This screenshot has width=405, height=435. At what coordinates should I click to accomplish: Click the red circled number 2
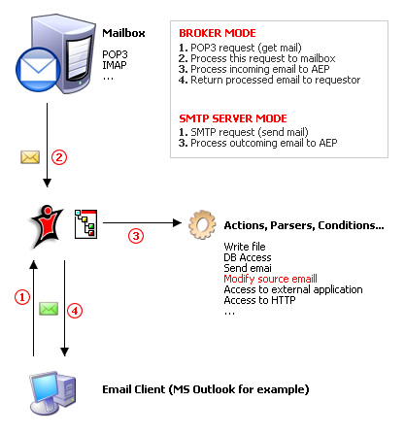[x=59, y=157]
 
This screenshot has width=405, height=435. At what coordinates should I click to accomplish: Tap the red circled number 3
[x=136, y=236]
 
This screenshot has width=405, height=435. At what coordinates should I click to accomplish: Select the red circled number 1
[x=22, y=297]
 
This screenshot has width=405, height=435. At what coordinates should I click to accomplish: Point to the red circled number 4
[x=75, y=311]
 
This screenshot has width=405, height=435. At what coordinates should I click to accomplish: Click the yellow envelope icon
[x=30, y=157]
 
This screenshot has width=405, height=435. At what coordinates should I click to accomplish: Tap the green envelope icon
[x=49, y=309]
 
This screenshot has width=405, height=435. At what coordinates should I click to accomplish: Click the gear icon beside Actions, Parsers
[x=202, y=224]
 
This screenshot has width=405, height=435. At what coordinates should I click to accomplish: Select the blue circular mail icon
[x=38, y=70]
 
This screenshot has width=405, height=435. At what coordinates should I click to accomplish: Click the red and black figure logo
[x=46, y=226]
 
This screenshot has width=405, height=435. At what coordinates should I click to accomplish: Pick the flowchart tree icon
[x=85, y=224]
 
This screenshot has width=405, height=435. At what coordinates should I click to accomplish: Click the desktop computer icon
[x=52, y=392]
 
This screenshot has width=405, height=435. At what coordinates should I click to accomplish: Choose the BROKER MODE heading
[x=218, y=33]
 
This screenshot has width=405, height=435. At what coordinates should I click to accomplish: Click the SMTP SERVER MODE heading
[x=233, y=118]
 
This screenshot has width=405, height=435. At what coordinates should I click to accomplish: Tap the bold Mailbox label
[x=123, y=33]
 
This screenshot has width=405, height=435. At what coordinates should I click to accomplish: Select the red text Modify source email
[x=270, y=279]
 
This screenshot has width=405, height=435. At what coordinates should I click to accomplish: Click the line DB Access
[x=248, y=257]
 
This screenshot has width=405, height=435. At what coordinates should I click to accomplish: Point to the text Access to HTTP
[x=259, y=300]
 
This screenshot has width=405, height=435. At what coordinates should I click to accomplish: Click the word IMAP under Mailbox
[x=115, y=65]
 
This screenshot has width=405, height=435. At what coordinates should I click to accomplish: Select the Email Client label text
[x=206, y=389]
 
